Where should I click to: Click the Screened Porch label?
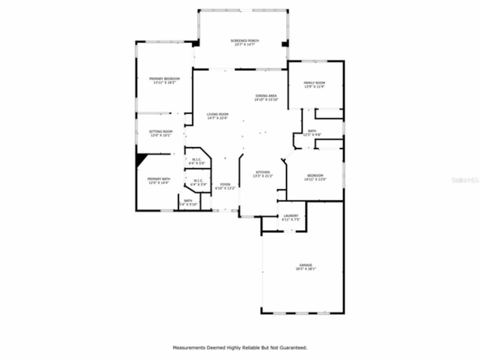pyautogui.click(x=244, y=40)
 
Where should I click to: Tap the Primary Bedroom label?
pyautogui.click(x=164, y=79)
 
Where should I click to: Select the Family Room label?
pyautogui.click(x=314, y=83)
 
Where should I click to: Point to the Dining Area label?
pyautogui.click(x=266, y=96)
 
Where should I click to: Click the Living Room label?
pyautogui.click(x=217, y=114)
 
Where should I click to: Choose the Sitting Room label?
pyautogui.click(x=160, y=132)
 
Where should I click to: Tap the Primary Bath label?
pyautogui.click(x=159, y=179)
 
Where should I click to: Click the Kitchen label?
pyautogui.click(x=262, y=172)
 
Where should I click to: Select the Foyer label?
pyautogui.click(x=225, y=184)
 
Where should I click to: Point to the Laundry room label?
pyautogui.click(x=291, y=216)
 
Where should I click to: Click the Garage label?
pyautogui.click(x=306, y=265)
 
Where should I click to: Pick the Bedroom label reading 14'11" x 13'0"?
pyautogui.click(x=315, y=175)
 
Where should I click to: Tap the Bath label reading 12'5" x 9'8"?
pyautogui.click(x=312, y=131)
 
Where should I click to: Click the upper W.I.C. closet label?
pyautogui.click(x=197, y=160)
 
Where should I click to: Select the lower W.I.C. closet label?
pyautogui.click(x=198, y=181)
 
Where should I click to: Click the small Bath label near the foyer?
pyautogui.click(x=188, y=201)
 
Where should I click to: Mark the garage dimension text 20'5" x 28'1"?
pyautogui.click(x=306, y=269)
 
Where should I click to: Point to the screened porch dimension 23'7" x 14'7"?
pyautogui.click(x=244, y=44)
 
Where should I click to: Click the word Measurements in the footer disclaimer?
pyautogui.click(x=189, y=348)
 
